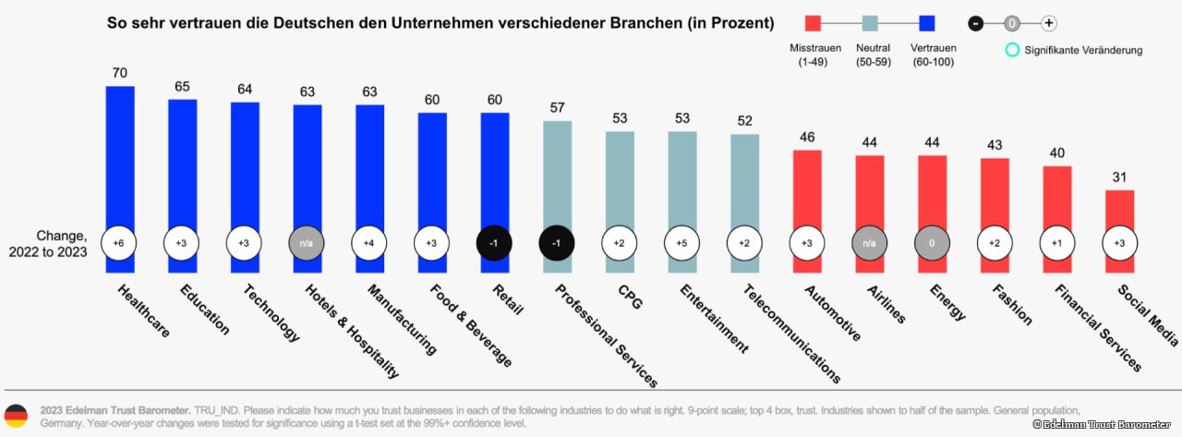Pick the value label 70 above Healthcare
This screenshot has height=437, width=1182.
120,71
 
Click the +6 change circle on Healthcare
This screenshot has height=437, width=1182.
120,242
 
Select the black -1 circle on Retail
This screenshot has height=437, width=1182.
495,242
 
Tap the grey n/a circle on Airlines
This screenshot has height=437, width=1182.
870,242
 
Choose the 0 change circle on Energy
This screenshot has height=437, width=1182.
932,242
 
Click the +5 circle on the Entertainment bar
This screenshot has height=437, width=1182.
682,242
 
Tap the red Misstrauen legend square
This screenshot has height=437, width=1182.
813,24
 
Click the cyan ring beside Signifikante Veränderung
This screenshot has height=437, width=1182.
1013,50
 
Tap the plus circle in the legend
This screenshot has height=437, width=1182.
1048,24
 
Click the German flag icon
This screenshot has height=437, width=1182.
16,415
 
